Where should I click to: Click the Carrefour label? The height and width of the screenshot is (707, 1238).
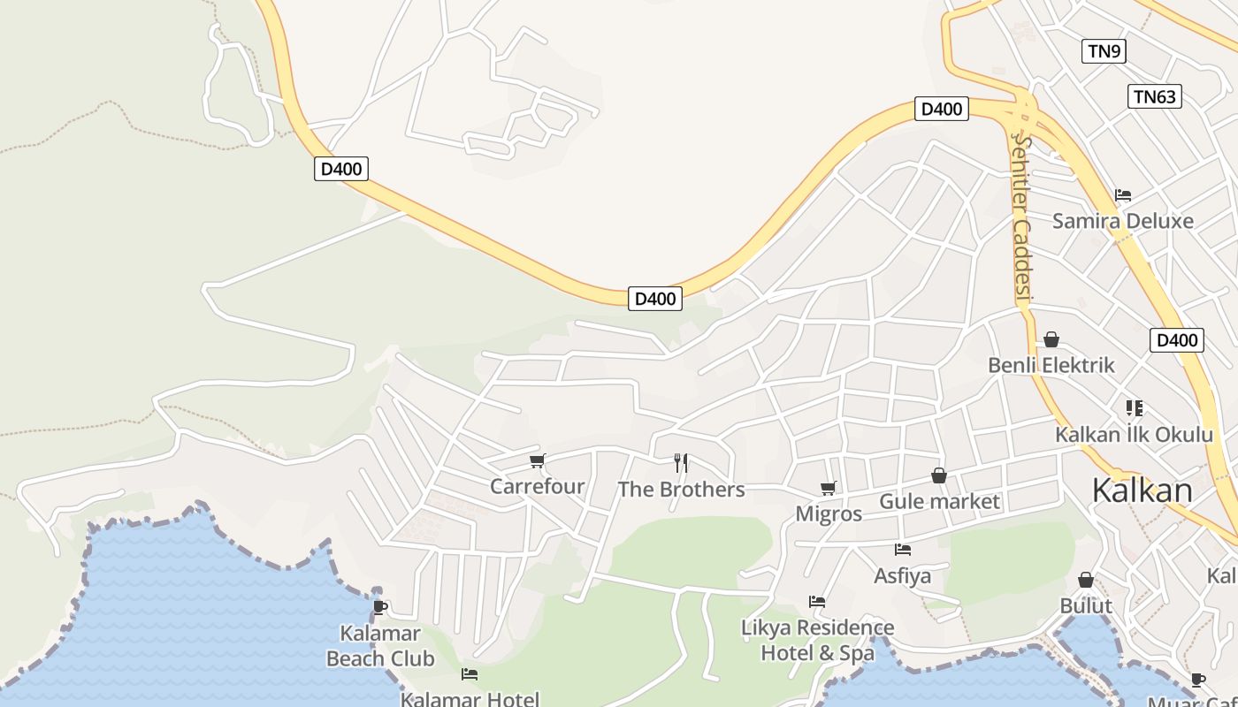(537, 486)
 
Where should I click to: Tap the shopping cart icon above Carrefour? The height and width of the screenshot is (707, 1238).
(537, 460)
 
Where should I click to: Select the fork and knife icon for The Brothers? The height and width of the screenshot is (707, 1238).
(681, 462)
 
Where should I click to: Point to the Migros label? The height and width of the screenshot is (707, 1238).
(829, 513)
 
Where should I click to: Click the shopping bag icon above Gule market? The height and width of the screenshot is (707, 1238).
(939, 476)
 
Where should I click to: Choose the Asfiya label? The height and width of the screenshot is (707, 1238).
(902, 576)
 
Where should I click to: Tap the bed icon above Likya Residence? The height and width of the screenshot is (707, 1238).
(817, 602)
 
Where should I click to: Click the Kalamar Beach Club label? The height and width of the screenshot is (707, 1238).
(380, 646)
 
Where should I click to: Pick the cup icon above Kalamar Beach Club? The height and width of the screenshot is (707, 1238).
(380, 607)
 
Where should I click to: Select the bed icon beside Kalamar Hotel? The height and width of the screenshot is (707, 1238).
(470, 674)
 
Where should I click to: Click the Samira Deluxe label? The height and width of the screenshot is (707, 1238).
(1122, 221)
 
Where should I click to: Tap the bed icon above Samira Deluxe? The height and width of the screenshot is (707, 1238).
(1123, 195)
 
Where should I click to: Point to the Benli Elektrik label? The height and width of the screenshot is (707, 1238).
(1051, 365)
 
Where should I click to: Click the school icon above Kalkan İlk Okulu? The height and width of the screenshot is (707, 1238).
(1135, 408)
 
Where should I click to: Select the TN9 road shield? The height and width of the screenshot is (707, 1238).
(1104, 51)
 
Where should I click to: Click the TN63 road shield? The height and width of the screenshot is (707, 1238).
(1154, 96)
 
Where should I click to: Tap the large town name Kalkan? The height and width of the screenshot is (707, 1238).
(1142, 490)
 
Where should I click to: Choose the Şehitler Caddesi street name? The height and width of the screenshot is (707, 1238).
(1023, 217)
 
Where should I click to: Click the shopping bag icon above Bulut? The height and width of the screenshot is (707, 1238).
(1086, 581)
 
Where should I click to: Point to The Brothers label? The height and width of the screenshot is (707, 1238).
(681, 490)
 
